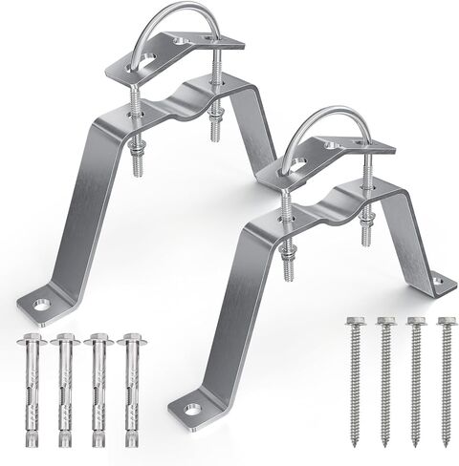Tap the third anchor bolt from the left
coord(97,392)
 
